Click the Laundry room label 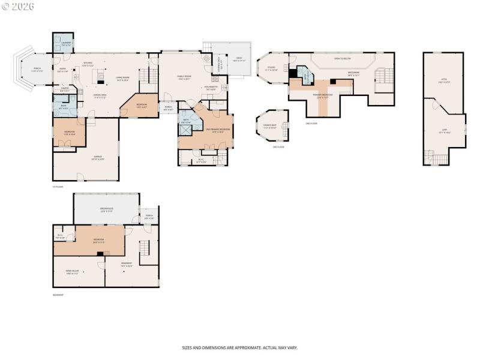tap(66, 44)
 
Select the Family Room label tap(184, 77)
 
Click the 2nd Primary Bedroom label tap(218, 130)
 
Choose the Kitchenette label tap(211, 88)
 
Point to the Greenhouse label tap(107, 210)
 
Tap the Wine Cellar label tap(73, 272)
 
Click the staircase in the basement tap(144, 247)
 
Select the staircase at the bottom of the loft tap(436, 157)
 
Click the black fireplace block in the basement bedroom tap(99, 254)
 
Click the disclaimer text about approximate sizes tap(240, 347)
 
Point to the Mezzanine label tap(353, 74)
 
